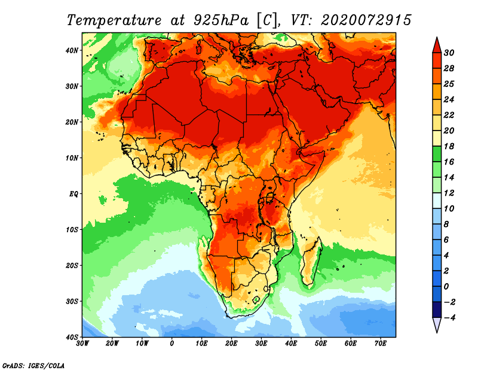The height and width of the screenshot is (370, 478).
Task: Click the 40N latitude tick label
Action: [x=72, y=50]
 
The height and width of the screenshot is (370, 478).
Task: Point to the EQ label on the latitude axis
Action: [x=73, y=194]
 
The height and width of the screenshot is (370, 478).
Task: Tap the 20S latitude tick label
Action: [x=72, y=265]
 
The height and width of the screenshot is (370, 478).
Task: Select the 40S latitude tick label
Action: [x=72, y=337]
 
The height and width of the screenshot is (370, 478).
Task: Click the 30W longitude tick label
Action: [x=82, y=344]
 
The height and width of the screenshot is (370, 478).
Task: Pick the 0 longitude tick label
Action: [x=172, y=344]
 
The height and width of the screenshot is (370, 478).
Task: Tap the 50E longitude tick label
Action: [x=321, y=344]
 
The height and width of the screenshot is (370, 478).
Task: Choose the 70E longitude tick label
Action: [x=381, y=344]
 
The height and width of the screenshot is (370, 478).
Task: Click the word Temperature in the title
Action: [x=114, y=20]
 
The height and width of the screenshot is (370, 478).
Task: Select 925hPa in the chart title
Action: [x=220, y=20]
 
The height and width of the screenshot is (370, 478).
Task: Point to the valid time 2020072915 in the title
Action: [x=366, y=20]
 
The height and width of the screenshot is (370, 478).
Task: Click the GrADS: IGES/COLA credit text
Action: [x=33, y=366]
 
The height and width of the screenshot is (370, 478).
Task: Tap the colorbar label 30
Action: [x=449, y=53]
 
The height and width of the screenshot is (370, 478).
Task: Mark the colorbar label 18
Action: [x=449, y=146]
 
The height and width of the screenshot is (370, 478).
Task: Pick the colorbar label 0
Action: [x=446, y=287]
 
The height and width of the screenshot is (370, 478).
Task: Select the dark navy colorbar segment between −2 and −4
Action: [x=437, y=310]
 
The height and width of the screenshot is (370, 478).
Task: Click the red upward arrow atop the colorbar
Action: [x=437, y=46]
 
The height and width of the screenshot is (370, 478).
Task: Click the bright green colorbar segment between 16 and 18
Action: [x=437, y=154]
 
